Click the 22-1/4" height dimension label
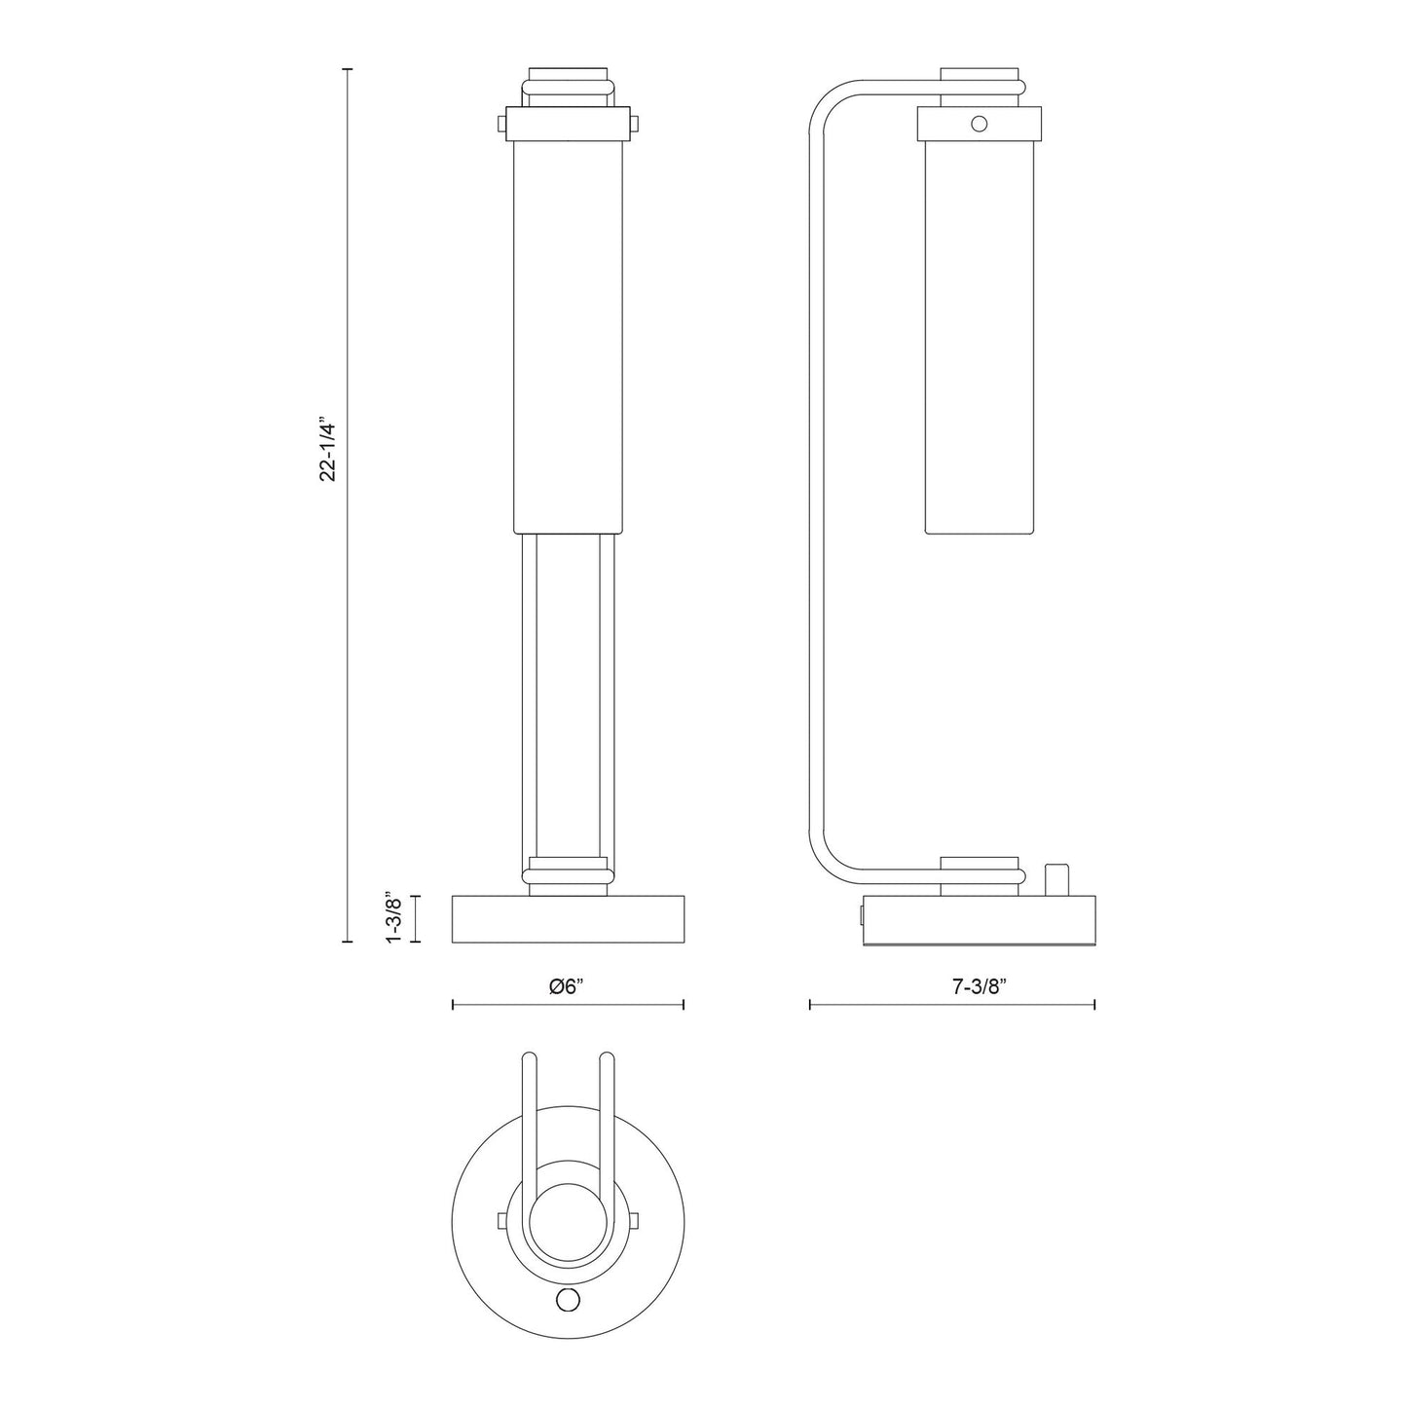coord(329,452)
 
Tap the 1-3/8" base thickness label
coord(393,918)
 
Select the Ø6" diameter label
coord(568,986)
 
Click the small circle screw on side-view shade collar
coord(979,123)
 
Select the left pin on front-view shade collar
coord(501,124)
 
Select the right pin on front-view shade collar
coord(635,124)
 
